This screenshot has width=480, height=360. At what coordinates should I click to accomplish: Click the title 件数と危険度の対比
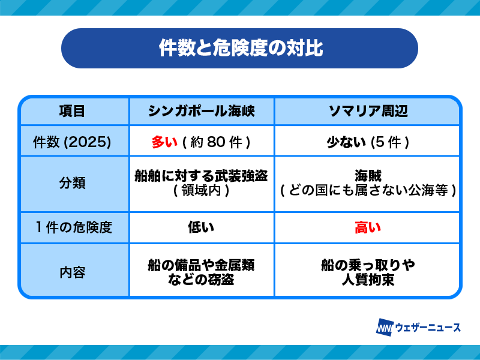point(241,48)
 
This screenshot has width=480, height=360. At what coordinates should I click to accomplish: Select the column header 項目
point(72,111)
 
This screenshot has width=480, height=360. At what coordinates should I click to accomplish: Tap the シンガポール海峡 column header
point(202,111)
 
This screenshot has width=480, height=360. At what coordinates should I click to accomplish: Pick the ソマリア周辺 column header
point(368,111)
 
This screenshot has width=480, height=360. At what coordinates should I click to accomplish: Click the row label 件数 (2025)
point(72,142)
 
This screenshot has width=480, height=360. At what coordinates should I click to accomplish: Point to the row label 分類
point(72,183)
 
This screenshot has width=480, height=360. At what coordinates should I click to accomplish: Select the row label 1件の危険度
point(73,227)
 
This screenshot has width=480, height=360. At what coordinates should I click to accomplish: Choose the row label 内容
point(72,272)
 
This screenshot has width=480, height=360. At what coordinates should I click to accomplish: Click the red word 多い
point(164,142)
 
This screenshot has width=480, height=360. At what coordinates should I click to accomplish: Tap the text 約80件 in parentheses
point(217,142)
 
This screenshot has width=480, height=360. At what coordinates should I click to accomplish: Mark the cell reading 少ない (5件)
point(368,142)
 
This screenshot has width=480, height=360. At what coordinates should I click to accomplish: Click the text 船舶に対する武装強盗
point(202,176)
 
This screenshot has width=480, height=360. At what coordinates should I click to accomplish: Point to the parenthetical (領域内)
point(202,190)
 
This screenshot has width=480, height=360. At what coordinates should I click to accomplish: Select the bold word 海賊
point(368,176)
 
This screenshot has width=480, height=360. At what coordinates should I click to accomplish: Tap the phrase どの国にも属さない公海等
point(368,190)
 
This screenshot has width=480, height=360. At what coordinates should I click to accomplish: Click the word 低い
point(201,227)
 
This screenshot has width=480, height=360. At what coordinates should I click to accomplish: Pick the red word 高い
point(368,227)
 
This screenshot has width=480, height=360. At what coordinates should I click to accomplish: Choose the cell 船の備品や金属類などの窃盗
point(202,272)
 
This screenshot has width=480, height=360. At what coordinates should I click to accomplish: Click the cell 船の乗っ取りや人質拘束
point(368,272)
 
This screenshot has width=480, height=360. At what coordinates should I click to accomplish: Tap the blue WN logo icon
point(384,328)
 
